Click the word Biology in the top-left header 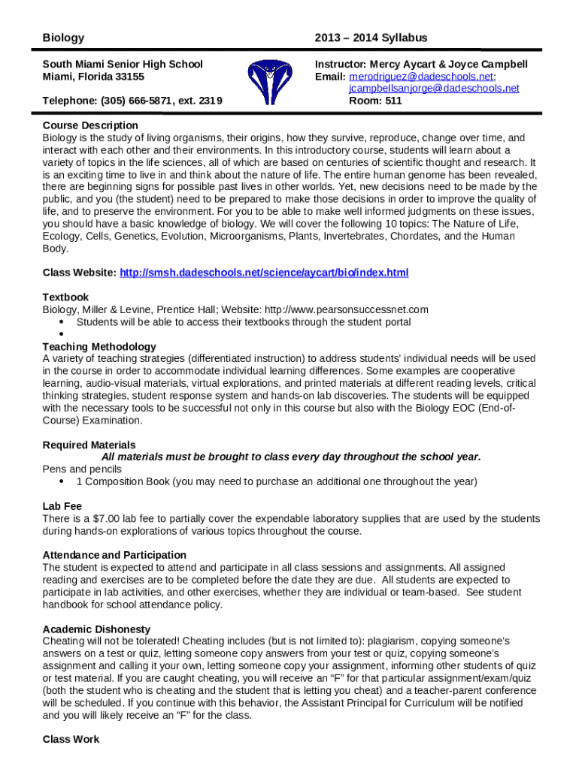click(63, 38)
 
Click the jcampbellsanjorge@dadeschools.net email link click(434, 89)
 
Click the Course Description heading click(90, 125)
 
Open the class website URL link click(264, 273)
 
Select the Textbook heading click(65, 297)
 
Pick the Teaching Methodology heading click(99, 347)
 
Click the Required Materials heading click(89, 445)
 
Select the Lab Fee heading click(62, 507)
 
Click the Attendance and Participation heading click(114, 555)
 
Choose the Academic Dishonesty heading click(96, 629)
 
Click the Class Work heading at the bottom click(71, 740)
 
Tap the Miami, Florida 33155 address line click(93, 77)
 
